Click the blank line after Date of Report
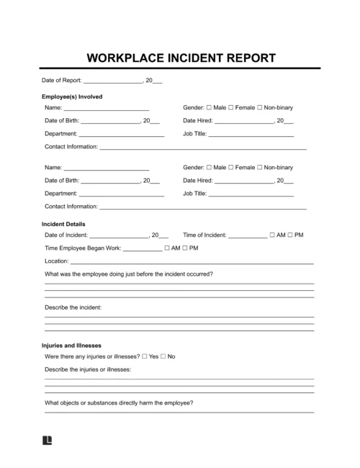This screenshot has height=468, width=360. pyautogui.click(x=114, y=81)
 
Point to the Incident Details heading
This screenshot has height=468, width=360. pyautogui.click(x=66, y=224)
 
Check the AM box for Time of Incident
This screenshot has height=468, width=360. pyautogui.click(x=271, y=235)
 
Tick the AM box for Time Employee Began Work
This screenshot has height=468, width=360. pyautogui.click(x=167, y=248)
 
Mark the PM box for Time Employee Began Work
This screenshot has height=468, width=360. pyautogui.click(x=185, y=248)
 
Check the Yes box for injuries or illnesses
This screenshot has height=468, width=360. pyautogui.click(x=145, y=357)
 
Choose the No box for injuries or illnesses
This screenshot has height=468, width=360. pyautogui.click(x=163, y=357)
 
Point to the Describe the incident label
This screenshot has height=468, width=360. pyautogui.click(x=73, y=308)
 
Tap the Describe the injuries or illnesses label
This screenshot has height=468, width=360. pyautogui.click(x=88, y=369)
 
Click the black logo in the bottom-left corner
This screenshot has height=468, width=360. pyautogui.click(x=48, y=440)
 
